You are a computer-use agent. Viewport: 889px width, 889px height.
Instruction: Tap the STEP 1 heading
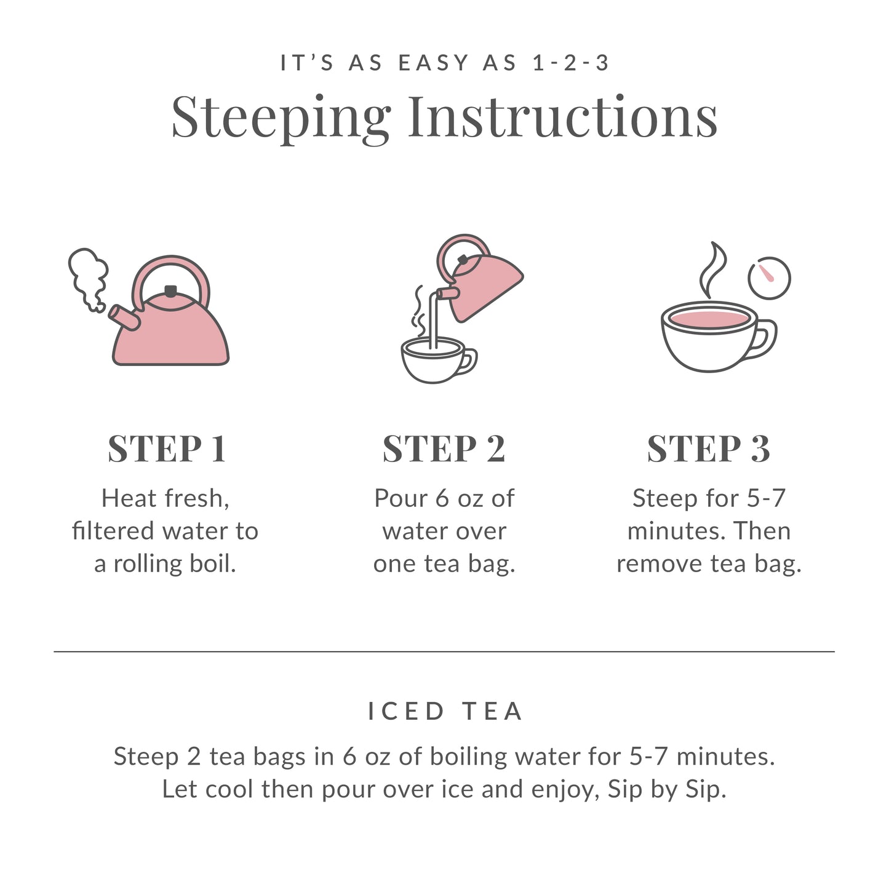point(167,448)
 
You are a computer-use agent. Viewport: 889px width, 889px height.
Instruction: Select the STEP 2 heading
point(444,448)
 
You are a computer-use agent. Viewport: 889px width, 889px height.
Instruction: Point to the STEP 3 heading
point(708,448)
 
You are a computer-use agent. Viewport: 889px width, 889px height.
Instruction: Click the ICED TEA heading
point(445,711)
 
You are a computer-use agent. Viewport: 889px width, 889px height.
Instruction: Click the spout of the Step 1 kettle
point(123,317)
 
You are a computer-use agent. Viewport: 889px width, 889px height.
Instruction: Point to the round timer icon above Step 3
point(769,278)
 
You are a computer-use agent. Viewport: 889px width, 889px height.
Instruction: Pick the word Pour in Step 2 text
point(401,498)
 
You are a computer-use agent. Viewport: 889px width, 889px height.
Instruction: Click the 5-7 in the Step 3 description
point(766,498)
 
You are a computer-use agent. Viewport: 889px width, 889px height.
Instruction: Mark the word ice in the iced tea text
point(458,789)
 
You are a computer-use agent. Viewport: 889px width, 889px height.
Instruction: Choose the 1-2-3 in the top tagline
point(571,63)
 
